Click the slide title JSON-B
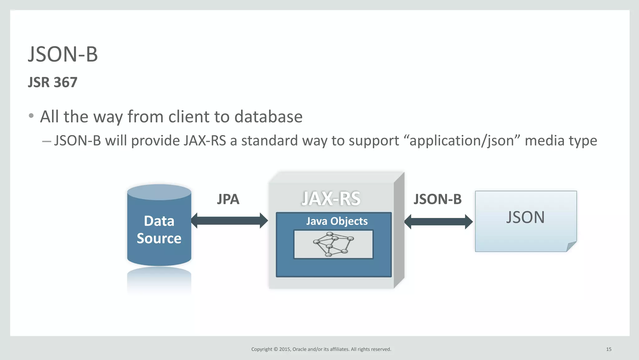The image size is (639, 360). (63, 54)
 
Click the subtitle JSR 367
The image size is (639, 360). (52, 82)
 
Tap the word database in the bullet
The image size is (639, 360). (268, 117)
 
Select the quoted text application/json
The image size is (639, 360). (461, 141)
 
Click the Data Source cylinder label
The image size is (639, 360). (159, 229)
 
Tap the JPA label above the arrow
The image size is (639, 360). (228, 199)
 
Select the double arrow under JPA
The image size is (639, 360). (229, 221)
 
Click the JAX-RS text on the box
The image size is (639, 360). (331, 199)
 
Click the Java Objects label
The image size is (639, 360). (337, 221)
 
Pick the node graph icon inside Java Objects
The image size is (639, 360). (333, 244)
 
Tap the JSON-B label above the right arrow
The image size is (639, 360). (437, 199)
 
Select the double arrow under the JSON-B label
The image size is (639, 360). (438, 222)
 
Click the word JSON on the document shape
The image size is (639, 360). (525, 217)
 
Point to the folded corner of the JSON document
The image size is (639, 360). (571, 246)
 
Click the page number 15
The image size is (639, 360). (608, 349)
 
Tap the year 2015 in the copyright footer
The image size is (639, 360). (285, 349)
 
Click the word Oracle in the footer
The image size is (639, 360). (299, 349)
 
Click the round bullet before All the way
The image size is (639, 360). (31, 116)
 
